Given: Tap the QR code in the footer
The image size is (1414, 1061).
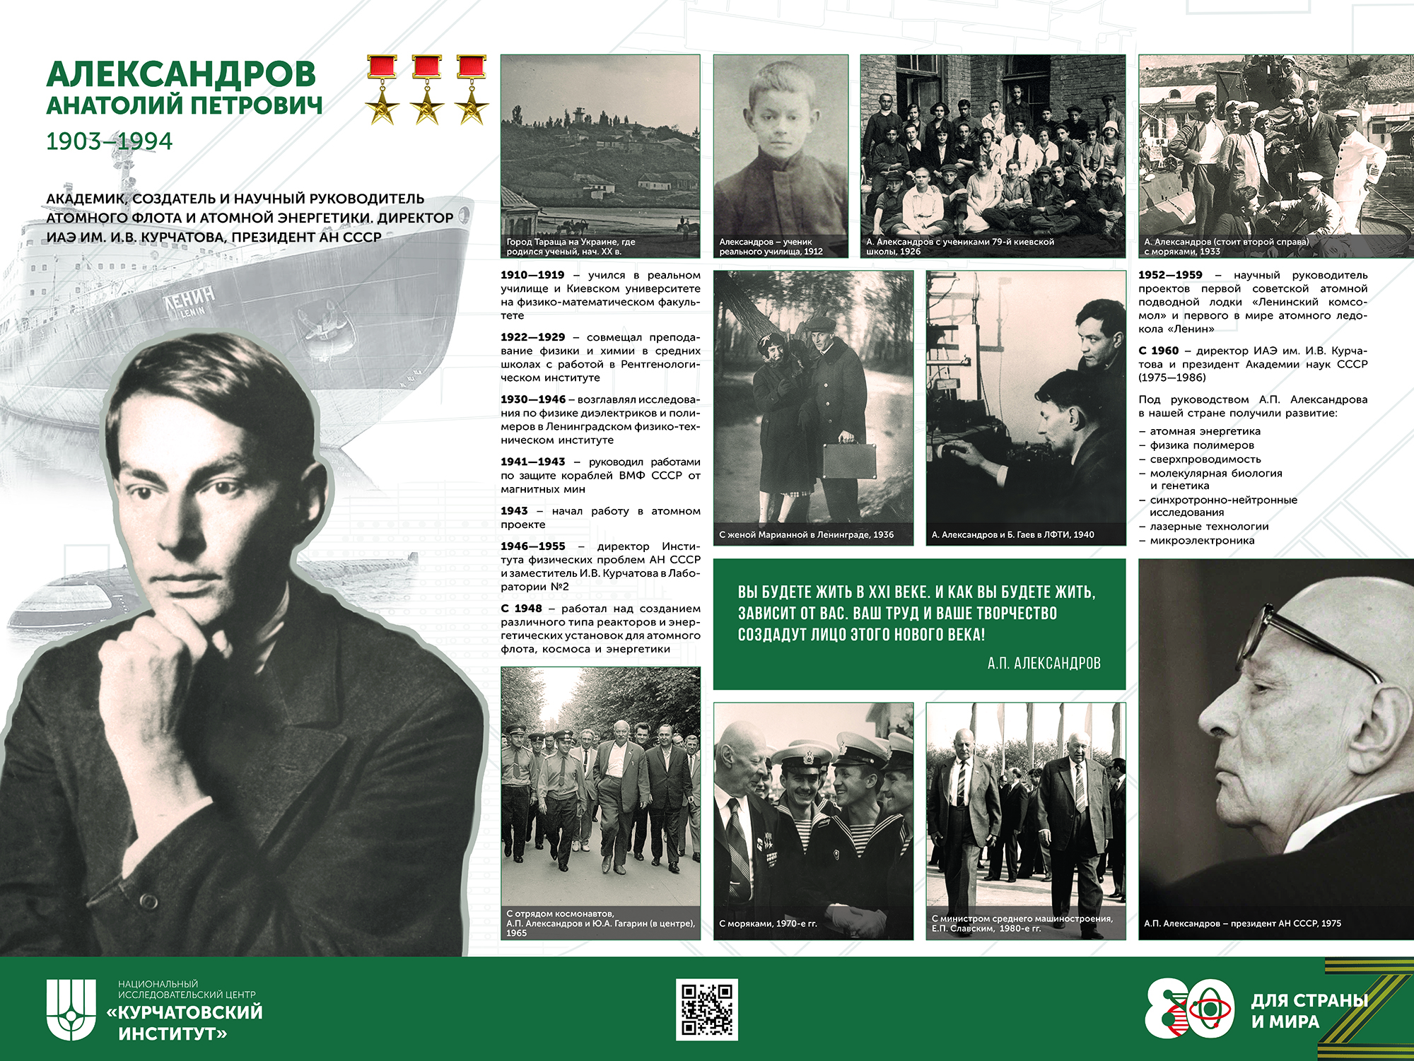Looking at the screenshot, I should (706, 1009).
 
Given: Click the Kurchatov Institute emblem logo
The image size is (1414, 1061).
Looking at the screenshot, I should (71, 1009).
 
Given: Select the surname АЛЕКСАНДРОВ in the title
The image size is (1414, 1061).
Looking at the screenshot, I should (181, 74).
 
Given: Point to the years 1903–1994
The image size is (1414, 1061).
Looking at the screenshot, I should (109, 141).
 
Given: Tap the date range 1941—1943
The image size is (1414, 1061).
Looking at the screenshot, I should (533, 462).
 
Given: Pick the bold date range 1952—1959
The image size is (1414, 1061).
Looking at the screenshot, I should (1170, 275).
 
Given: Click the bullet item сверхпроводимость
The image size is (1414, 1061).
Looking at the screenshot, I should (1205, 459).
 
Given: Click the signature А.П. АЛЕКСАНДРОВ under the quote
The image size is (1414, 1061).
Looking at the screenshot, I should (1044, 663).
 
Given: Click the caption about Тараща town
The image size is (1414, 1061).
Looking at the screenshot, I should (571, 247).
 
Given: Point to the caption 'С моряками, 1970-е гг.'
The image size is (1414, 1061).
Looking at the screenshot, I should (768, 923).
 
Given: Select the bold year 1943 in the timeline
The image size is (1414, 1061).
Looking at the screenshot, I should (514, 511).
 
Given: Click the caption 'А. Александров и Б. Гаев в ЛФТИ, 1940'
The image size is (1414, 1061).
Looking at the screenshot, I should (1012, 534).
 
